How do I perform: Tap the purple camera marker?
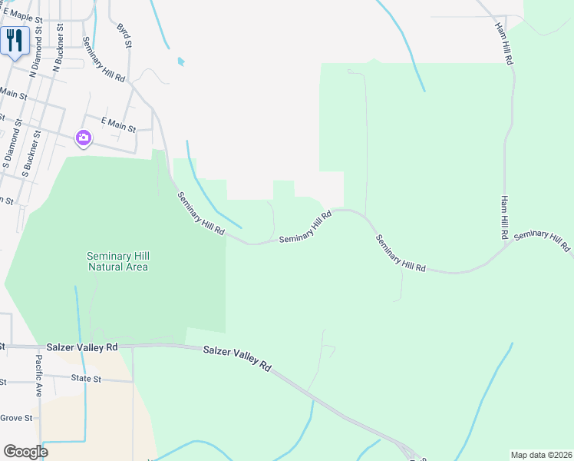pos(84,138)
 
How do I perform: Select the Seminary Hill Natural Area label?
pos(117,261)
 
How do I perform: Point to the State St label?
pos(86,379)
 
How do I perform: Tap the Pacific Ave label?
pos(38,375)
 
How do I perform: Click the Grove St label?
pos(16,418)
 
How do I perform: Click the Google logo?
pos(25,451)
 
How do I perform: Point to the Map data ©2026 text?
pos(541,454)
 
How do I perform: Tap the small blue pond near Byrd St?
pos(180,61)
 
